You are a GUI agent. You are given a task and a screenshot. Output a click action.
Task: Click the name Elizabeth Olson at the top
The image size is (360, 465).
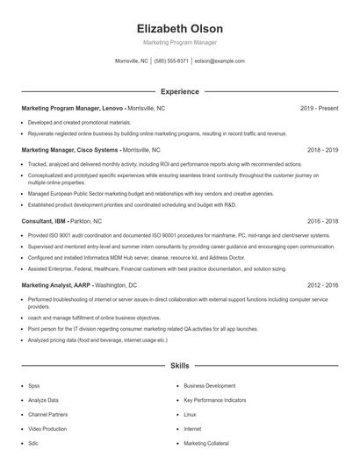[x=179, y=29]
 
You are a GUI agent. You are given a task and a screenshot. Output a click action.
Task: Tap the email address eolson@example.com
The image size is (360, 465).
[x=219, y=61]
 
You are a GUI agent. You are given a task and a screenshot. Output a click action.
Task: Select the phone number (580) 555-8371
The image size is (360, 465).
[x=171, y=61]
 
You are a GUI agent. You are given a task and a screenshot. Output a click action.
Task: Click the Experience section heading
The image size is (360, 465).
[x=179, y=91]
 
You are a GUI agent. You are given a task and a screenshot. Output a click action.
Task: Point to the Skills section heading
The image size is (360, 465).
[x=179, y=364]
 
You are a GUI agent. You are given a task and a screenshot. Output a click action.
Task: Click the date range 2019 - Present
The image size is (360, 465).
[x=319, y=108]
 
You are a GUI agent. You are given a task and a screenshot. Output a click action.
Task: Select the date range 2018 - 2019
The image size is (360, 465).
[x=320, y=150]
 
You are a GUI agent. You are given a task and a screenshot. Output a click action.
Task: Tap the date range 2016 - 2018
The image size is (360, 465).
[x=320, y=222]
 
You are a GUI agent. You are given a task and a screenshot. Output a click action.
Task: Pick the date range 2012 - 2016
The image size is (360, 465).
[x=320, y=285]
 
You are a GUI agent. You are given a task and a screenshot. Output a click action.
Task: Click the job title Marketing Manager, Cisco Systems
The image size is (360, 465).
[x=70, y=150]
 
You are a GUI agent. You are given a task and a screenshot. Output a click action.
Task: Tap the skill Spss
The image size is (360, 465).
[x=34, y=385]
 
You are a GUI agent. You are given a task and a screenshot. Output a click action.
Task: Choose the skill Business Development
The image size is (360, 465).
[x=209, y=385]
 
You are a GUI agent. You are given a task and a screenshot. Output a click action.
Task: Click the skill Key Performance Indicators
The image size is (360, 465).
[x=214, y=400]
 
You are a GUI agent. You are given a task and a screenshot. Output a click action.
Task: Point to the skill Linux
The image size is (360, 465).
[x=190, y=414]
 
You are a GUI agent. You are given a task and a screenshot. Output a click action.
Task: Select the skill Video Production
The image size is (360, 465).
[x=47, y=429]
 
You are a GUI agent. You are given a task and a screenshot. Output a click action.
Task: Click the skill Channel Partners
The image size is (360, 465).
[x=47, y=414]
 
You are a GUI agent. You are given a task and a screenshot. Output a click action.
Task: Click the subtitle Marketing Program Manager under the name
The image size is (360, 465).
[x=179, y=42]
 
